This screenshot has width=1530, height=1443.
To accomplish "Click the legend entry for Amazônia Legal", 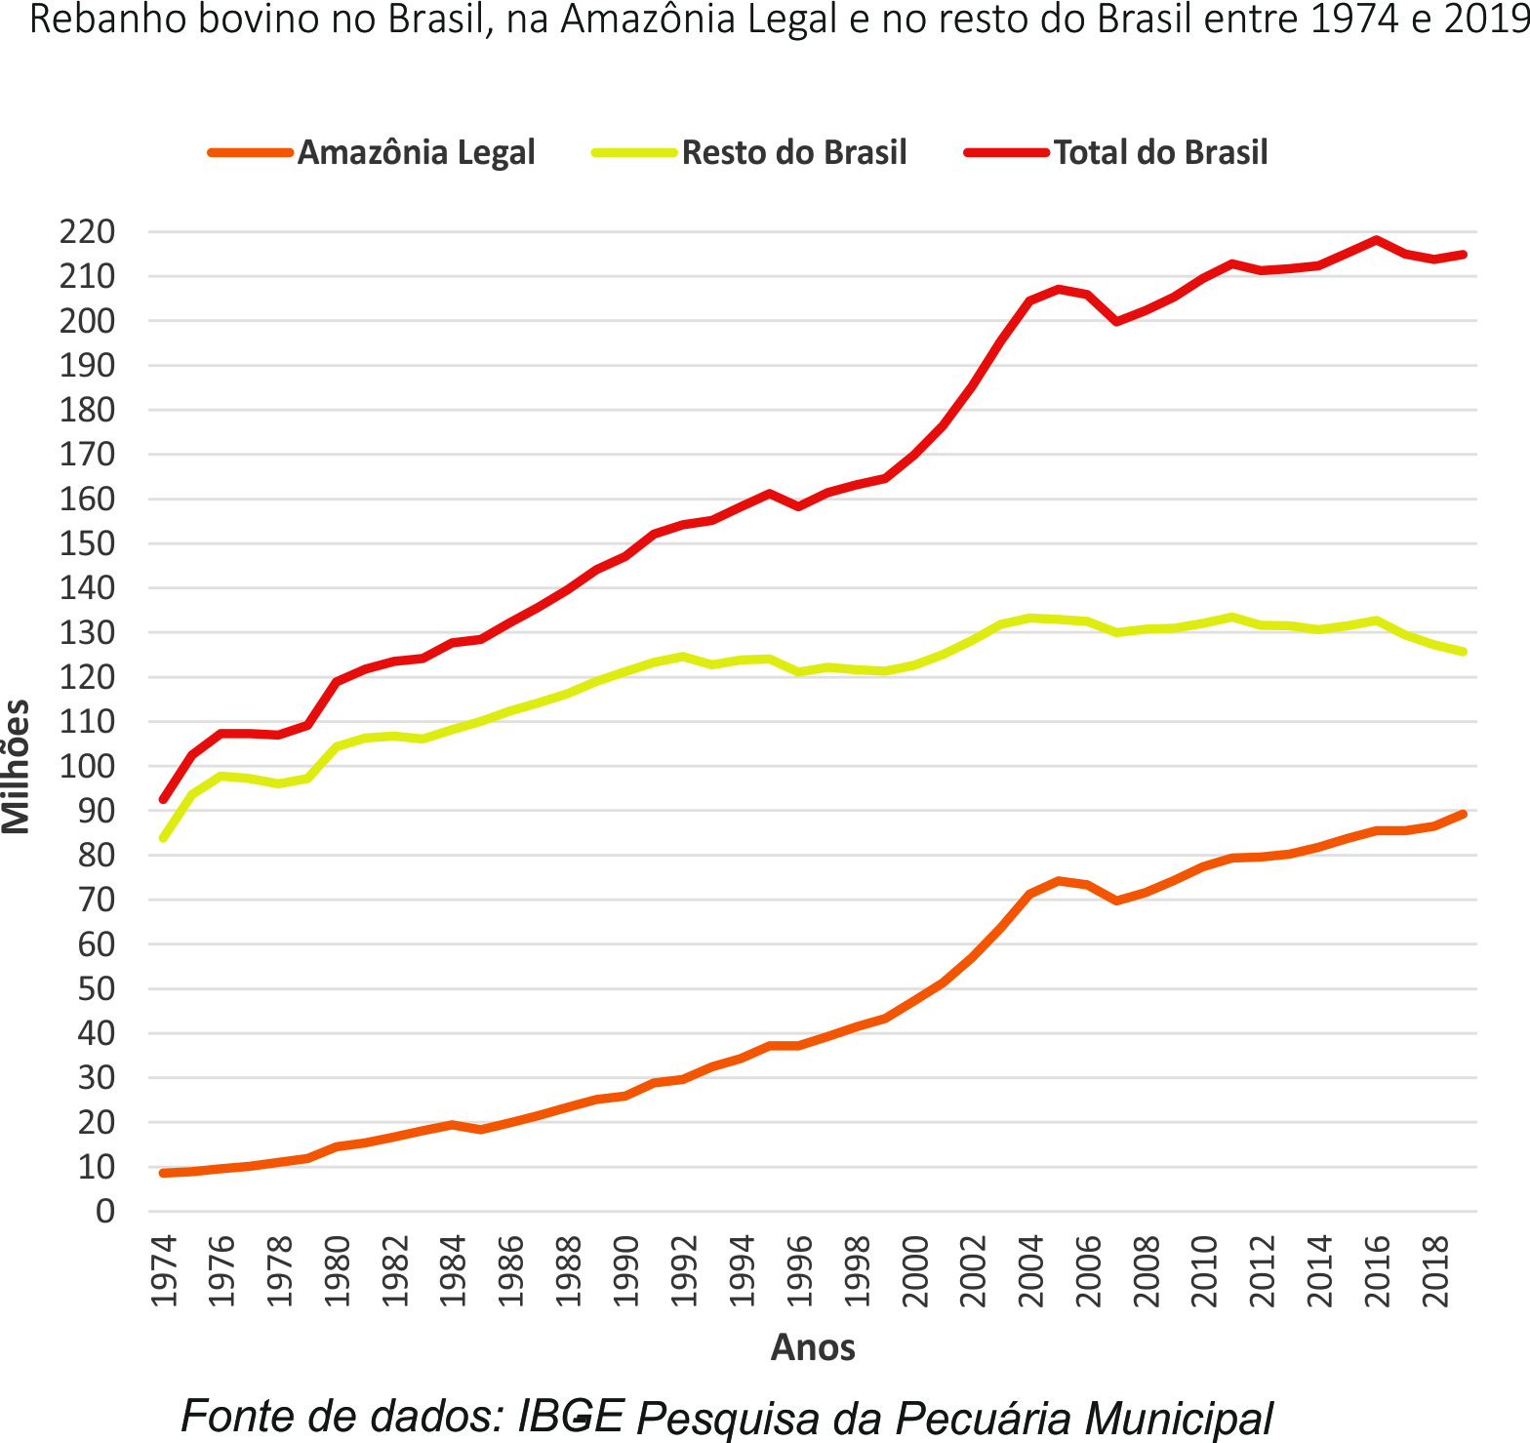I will tap(416, 153).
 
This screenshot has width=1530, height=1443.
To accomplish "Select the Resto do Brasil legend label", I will tap(793, 153).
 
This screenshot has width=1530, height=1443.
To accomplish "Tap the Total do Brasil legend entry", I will tap(1160, 153).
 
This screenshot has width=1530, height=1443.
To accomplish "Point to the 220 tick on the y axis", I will tap(88, 232).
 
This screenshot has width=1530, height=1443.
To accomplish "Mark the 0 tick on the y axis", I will tap(104, 1212).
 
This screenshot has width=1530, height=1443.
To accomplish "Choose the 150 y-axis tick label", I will tap(88, 543).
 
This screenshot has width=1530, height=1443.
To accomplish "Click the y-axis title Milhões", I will tap(17, 767).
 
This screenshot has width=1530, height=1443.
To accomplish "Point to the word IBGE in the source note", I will tap(570, 1416).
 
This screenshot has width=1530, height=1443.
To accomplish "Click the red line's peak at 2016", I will tap(1376, 240).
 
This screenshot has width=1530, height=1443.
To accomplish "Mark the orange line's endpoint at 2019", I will tap(1463, 814).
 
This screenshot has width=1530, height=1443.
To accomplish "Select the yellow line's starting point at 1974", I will tap(163, 838).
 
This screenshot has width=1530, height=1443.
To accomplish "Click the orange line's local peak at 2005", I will tap(1059, 881).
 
